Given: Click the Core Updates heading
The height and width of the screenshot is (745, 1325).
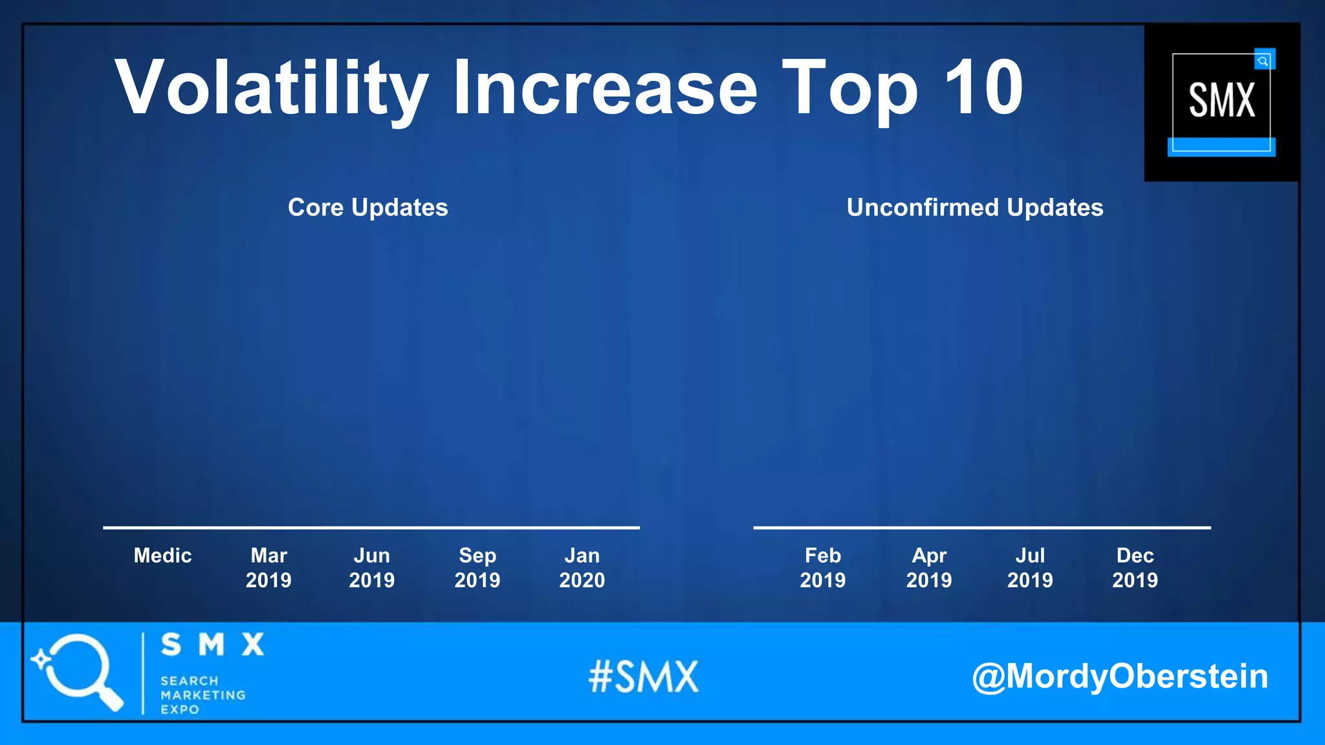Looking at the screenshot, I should point(367,208).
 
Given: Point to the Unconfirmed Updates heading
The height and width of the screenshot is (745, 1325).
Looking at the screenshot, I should point(974,208).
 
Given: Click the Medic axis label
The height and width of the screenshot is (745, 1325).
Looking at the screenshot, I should point(162,556).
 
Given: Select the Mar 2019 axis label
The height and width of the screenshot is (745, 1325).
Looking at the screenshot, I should point(268,568).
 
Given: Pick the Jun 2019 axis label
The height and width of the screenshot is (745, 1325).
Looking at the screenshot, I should point(372,568).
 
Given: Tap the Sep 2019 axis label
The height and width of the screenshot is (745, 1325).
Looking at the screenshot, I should point(477,568).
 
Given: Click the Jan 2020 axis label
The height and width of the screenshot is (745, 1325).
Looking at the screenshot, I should point(582,568).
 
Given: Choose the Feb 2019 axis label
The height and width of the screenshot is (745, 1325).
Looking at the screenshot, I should point(823,568).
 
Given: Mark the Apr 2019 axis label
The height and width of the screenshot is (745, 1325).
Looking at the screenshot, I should point(929,568).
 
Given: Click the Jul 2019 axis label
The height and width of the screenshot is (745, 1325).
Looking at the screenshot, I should point(1030,568).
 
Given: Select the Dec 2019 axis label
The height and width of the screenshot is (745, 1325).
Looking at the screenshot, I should point(1135,568).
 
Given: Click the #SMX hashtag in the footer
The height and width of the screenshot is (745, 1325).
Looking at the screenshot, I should point(644,677).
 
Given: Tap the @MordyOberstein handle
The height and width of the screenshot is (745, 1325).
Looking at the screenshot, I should point(1120,676).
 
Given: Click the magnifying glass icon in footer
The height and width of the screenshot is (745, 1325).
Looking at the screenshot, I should point(78,671).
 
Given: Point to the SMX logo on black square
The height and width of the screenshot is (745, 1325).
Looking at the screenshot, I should point(1221,102).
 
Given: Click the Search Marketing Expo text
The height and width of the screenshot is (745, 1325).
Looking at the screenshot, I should point(203,695).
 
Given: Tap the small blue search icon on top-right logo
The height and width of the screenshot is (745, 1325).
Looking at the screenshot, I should point(1263,61).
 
